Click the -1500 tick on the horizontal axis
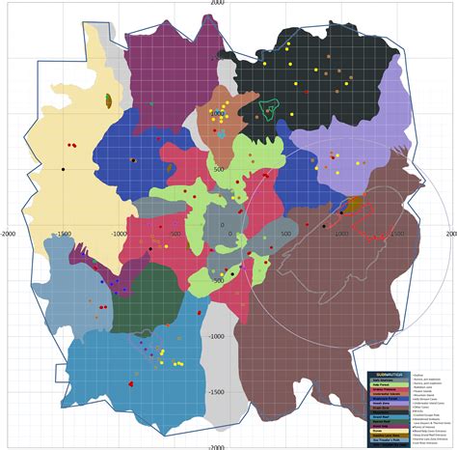[66, 233]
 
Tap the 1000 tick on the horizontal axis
[339, 233]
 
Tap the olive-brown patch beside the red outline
[354, 204]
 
